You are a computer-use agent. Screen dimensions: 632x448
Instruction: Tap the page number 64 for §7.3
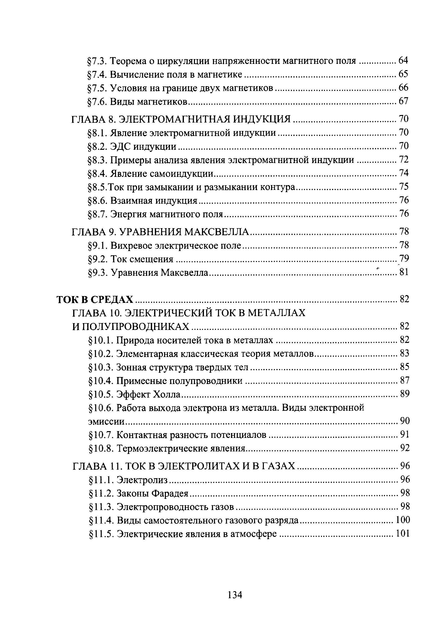coord(403,60)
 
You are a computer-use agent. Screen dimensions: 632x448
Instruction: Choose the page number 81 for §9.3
coord(404,273)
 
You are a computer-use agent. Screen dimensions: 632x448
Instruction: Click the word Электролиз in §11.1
coord(142,480)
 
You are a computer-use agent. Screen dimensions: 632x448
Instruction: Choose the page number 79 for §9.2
coord(404,259)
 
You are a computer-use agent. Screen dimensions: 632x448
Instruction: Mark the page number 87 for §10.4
coord(404,381)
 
